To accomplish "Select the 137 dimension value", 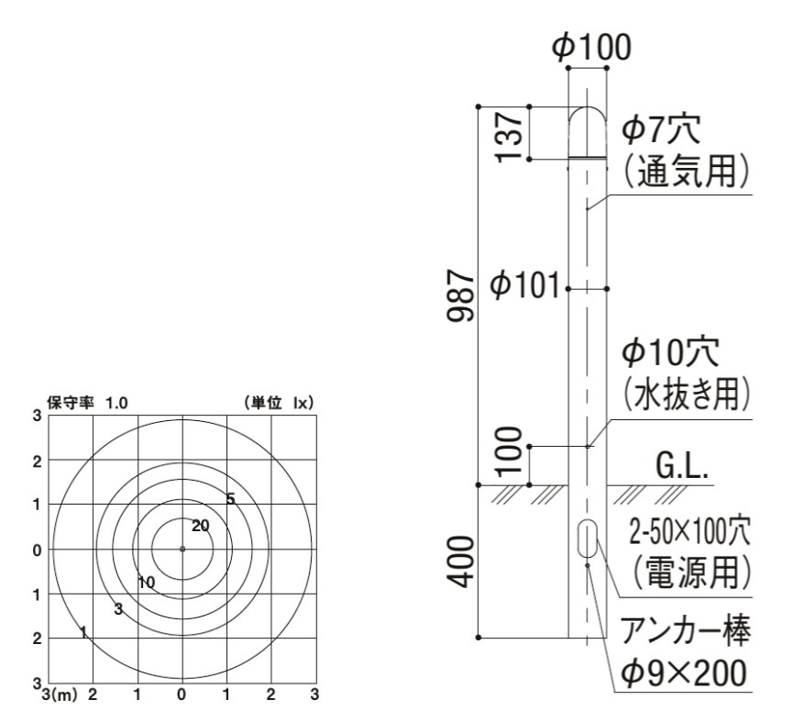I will pos(512,134).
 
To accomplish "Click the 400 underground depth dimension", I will pos(466,561).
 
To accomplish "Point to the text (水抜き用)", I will pos(688,394).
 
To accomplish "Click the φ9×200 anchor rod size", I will pos(688,674).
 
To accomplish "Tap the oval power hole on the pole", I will pos(587,538).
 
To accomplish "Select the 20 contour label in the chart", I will pos(201,525).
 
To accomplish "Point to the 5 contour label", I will pos(230,498).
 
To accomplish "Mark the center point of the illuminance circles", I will pos(182,550).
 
